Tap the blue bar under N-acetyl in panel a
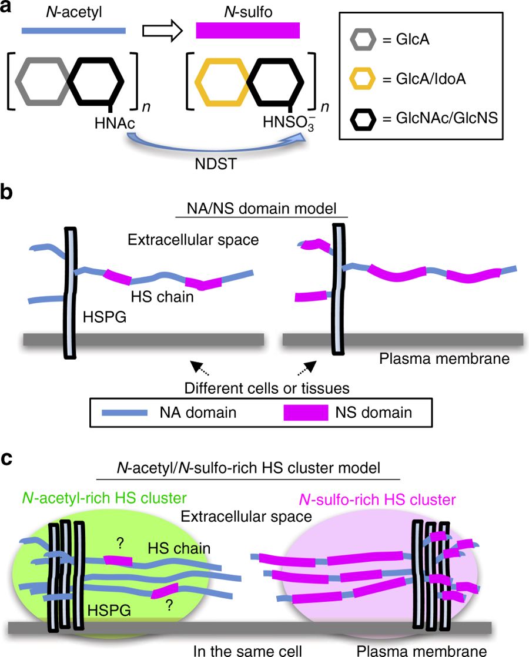pyautogui.click(x=73, y=29)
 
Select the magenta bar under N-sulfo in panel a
pyautogui.click(x=247, y=30)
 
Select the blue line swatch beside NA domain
pyautogui.click(x=128, y=412)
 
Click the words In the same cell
pyautogui.click(x=248, y=649)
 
